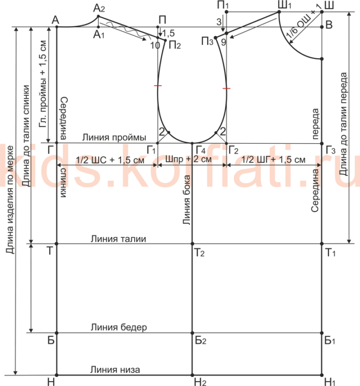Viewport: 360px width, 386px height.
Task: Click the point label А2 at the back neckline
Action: tap(99, 9)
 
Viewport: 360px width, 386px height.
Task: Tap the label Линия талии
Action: tap(118, 239)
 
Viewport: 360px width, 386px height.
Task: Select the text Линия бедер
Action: tap(119, 327)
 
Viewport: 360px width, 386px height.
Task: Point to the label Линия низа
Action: tap(115, 370)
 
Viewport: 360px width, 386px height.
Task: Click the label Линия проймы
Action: tap(114, 137)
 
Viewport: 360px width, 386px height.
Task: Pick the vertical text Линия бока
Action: tap(186, 200)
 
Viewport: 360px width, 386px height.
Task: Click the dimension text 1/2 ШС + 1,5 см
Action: tap(110, 160)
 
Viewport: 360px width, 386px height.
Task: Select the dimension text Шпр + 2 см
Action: tap(188, 159)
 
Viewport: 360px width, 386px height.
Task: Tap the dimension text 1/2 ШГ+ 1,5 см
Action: tap(273, 160)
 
